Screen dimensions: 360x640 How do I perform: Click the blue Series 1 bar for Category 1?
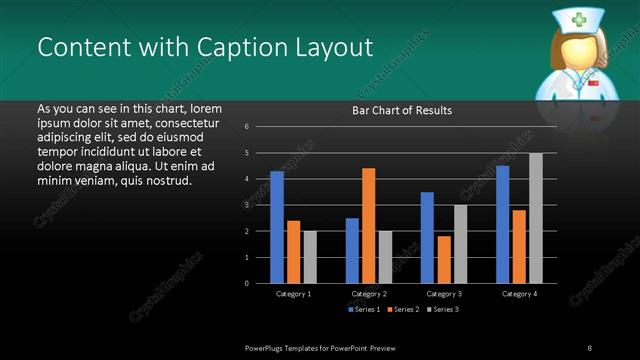click(x=277, y=227)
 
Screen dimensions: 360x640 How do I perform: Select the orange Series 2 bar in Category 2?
click(x=369, y=225)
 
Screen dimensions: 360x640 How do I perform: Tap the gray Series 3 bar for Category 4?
click(x=536, y=218)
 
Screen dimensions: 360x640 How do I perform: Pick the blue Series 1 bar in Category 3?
click(x=427, y=237)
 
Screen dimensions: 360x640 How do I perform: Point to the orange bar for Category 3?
click(x=444, y=259)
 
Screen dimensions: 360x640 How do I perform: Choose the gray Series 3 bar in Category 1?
click(x=310, y=257)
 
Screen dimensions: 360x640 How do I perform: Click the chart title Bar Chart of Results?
click(x=402, y=110)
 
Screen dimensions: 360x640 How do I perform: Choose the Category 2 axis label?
click(x=369, y=294)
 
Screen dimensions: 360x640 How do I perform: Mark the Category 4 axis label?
click(x=519, y=294)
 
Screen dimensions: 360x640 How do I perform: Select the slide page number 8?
click(x=590, y=346)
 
